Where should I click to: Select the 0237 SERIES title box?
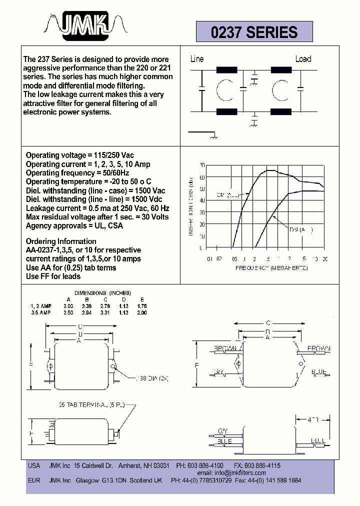coord(254,32)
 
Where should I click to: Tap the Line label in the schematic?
coord(197,59)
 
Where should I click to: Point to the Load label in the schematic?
coord(303,59)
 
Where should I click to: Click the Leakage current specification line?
coord(97,208)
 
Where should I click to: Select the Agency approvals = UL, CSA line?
coord(74,225)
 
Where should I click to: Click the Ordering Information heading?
coord(61,241)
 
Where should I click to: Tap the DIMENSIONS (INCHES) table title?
coord(102,292)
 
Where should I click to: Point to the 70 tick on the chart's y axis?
coord(201,165)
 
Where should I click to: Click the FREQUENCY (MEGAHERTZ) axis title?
coord(271,268)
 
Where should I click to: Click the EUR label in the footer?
coord(34,480)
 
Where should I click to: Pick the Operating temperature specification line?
coord(88,181)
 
